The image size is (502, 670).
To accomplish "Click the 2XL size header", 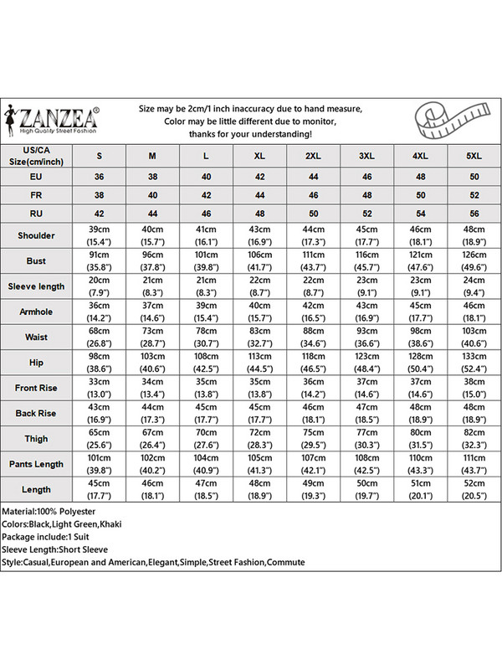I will coord(313,156).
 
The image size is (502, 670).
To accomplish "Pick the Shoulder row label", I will coord(36,235).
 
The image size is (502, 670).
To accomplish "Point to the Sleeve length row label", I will coord(36,286).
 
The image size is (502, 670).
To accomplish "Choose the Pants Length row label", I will coord(36,463).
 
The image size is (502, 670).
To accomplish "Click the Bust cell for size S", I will coord(100,260).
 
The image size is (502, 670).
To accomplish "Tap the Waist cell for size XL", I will coord(259,337).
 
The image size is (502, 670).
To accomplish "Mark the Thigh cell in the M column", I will coord(152,438).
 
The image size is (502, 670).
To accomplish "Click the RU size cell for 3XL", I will coord(366,214).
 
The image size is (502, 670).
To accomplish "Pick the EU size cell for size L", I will coord(206,178).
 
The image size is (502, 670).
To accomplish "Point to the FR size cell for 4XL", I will coord(420,195).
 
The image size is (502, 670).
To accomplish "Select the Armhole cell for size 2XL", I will coord(313,311).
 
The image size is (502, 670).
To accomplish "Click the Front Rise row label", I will coord(36,388).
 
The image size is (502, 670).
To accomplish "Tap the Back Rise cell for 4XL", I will coord(420,413).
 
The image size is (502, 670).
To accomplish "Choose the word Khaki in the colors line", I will coord(120,523).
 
